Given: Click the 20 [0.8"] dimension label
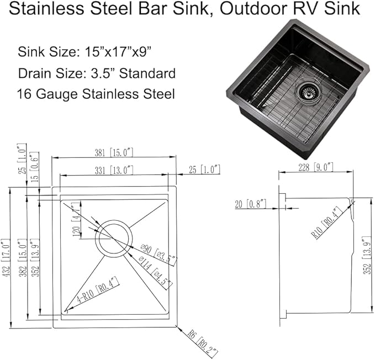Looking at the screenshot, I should pos(250,204).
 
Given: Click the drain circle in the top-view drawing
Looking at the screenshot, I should pos(114,238).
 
